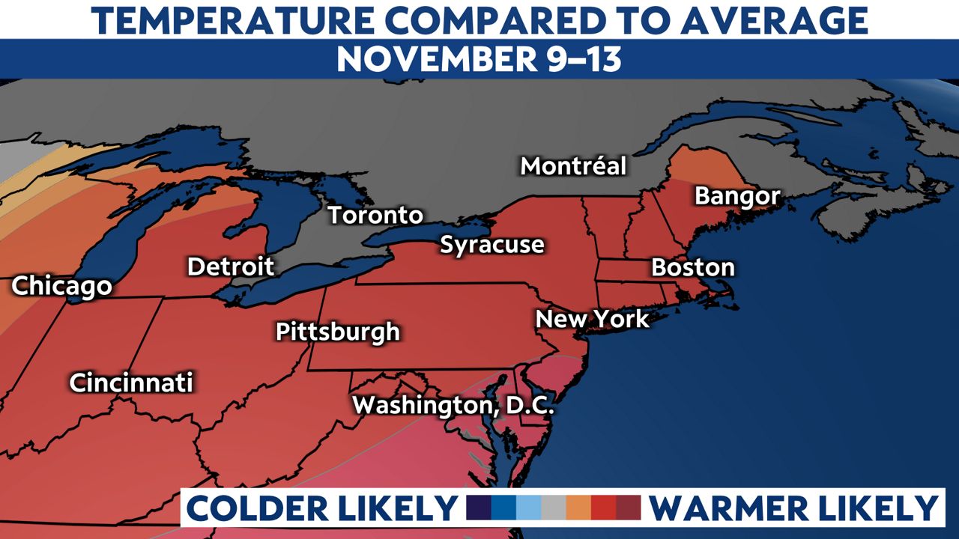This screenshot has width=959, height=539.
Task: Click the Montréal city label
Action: pos(573,166)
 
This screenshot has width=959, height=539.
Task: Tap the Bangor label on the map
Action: pos(737,197)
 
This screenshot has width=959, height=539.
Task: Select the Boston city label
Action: pos(693,267)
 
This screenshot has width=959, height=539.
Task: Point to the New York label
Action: pos(592,320)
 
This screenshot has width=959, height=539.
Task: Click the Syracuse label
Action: pos(491,245)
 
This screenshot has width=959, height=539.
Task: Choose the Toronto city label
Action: pos(375,216)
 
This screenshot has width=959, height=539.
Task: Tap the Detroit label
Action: pos(231,267)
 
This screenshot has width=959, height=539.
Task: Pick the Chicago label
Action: pos(61,286)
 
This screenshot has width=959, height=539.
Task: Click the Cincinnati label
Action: pos(131,383)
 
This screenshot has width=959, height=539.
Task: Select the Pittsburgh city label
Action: pos(337,332)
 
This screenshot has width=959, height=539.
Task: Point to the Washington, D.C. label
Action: pos(453,406)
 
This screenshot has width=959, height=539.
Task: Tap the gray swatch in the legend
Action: pos(554,508)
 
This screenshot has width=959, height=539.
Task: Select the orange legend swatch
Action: pos(578,508)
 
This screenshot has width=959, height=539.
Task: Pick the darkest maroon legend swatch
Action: pos(629,508)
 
